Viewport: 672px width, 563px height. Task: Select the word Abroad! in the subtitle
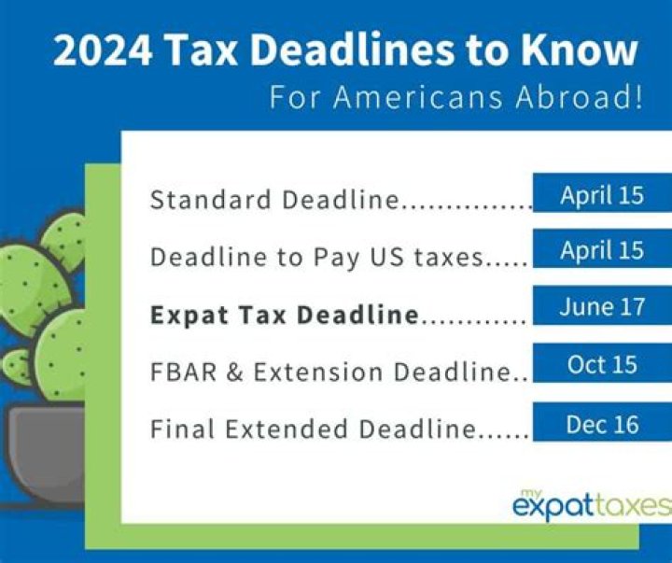tap(584, 98)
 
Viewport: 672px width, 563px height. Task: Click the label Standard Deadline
tap(274, 200)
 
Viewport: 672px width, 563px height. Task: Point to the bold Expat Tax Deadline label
tap(284, 316)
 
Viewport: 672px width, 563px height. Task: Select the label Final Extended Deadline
tap(313, 429)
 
